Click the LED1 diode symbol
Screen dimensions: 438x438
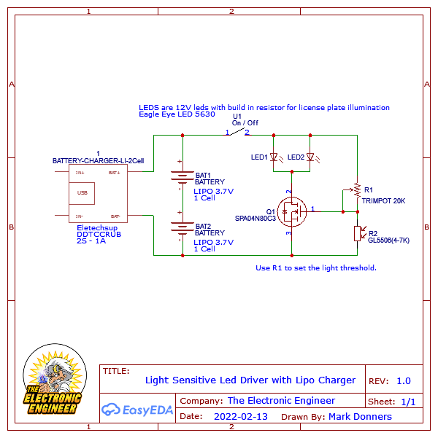(x=274, y=157)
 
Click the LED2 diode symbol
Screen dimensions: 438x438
(x=310, y=157)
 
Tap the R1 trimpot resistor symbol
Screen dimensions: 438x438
(x=357, y=189)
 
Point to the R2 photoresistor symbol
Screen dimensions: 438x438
(x=357, y=233)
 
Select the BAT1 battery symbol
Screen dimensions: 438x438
(x=182, y=176)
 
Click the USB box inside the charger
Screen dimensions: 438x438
(x=82, y=193)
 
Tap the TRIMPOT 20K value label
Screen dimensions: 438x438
(x=383, y=200)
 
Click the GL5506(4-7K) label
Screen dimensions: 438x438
(x=388, y=240)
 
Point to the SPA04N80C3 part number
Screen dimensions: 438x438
(x=255, y=218)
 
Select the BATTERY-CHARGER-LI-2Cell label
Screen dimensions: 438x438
(x=98, y=160)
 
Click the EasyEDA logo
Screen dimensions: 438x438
(x=138, y=409)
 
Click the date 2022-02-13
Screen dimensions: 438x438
(x=241, y=417)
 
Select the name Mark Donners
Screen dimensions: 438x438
(x=360, y=417)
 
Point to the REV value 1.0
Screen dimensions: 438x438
(x=403, y=380)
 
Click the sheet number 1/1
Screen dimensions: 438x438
(x=408, y=402)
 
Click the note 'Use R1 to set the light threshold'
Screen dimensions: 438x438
(x=316, y=267)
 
